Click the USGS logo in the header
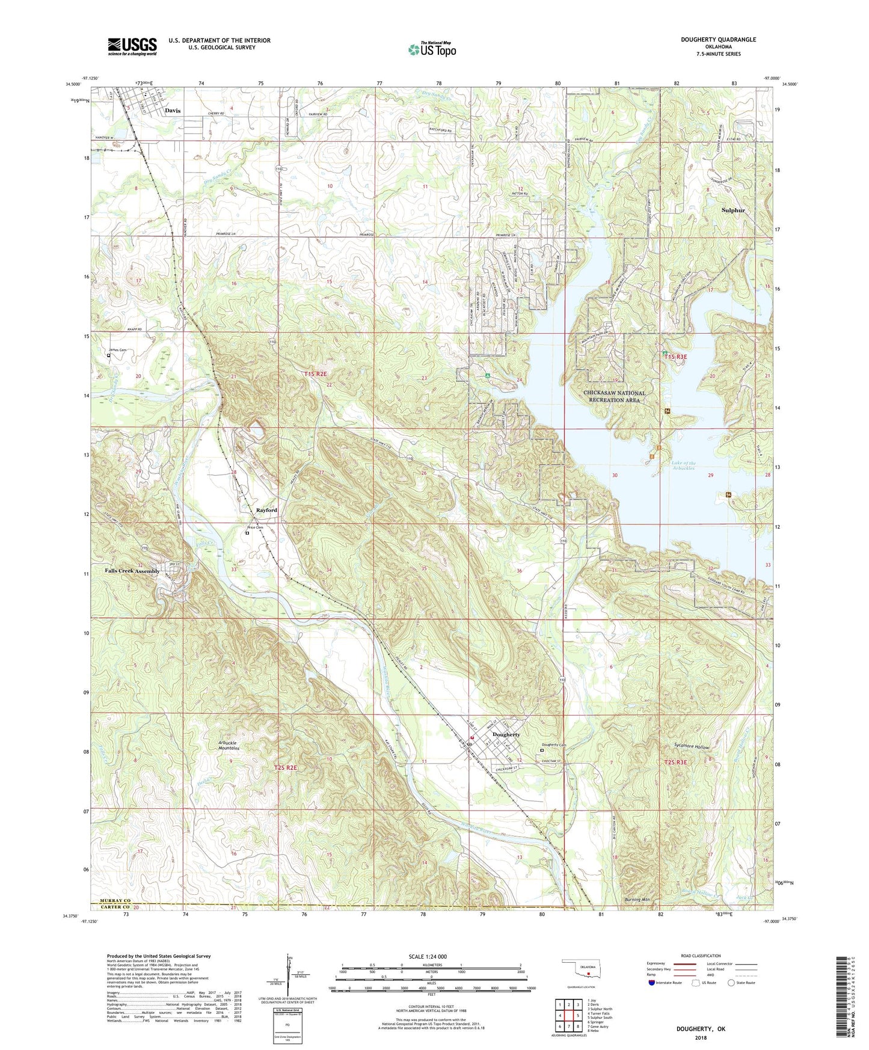tap(132, 46)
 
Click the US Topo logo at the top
tap(432, 49)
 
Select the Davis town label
tap(173, 111)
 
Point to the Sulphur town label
tap(733, 210)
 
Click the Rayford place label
tap(266, 510)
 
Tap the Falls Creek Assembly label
tap(132, 571)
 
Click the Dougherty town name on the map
tap(506, 734)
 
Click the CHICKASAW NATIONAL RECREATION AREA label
tap(614, 396)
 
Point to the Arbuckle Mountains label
tap(229, 746)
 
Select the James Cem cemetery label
tap(117, 350)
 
